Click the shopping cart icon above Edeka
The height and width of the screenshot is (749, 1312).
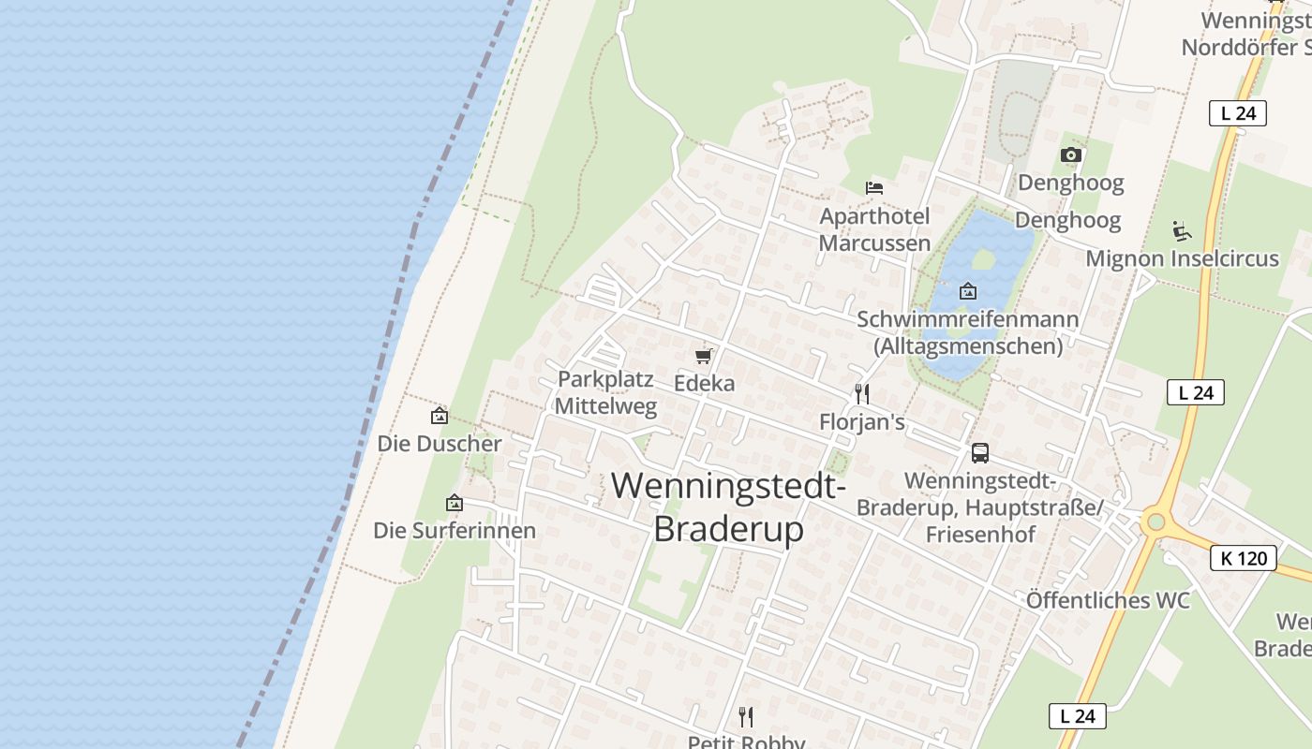pos(704,356)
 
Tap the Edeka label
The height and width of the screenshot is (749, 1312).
pos(705,383)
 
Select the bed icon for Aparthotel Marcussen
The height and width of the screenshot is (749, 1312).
pos(874,188)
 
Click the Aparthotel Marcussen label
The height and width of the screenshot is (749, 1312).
pos(874,229)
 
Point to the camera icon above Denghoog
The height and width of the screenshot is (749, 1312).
pos(1071,155)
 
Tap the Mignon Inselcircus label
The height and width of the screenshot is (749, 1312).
pos(1182,258)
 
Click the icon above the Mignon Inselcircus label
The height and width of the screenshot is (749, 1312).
pos(1182,230)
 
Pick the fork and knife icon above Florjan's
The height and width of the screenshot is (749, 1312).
pos(862,394)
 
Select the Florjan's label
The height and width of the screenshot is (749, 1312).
pos(862,422)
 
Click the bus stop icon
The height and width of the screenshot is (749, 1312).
pos(980,453)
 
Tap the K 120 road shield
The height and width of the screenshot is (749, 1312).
pos(1244,559)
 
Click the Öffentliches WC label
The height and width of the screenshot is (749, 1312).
pos(1108,600)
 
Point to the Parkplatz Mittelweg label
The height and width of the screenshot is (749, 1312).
pos(605,393)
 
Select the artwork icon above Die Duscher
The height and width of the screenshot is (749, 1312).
pos(439,416)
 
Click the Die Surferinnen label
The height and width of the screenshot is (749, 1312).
pos(455,531)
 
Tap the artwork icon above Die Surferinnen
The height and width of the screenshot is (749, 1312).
pos(455,503)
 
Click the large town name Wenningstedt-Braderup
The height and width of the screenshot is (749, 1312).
pos(728,507)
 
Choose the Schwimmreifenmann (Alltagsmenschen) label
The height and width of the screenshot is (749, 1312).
pos(968,332)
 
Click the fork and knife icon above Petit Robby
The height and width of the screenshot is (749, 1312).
pos(746,717)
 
